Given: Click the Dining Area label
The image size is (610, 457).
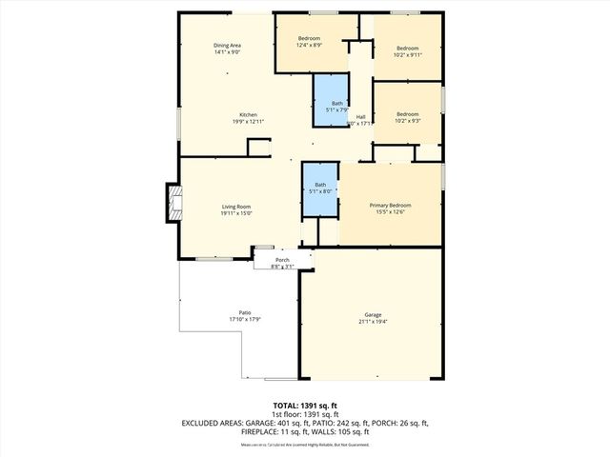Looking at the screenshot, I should pos(226,46).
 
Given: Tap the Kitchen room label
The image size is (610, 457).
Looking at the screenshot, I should pos(248,114).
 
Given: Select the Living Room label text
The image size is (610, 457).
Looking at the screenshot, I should pos(236,207).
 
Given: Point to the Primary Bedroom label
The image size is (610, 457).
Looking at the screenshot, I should pos(391,205).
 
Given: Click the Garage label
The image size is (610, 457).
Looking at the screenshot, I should pos(372,314).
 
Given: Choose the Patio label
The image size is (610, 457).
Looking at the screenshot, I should pos(244,313).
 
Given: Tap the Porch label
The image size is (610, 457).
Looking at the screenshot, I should pos(282,260).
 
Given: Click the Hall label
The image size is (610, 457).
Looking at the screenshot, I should pos(361,116).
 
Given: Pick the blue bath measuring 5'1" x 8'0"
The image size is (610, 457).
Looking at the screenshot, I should pos(320,189).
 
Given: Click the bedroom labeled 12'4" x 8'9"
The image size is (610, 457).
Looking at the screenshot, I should pos(309,41).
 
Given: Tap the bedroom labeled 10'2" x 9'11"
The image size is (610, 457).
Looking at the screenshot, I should pos(407,50).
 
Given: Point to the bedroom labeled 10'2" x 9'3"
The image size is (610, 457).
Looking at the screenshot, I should pos(407,116).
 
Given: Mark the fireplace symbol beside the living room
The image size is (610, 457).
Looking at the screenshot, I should pos(173,203).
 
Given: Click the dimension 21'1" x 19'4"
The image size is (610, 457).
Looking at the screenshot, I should pos(372,322).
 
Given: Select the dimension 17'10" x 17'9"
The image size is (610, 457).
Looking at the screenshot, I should pos(244,320).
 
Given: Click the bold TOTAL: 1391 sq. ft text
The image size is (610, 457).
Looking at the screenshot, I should pos(304,406).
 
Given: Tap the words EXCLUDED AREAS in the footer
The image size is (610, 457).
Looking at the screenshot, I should pos(210,423).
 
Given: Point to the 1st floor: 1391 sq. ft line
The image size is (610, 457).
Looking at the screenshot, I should pos(304,414).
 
